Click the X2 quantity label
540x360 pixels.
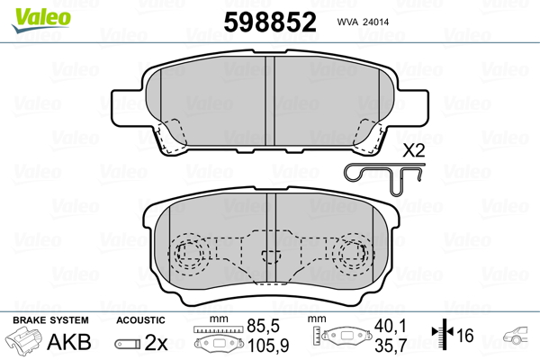(x=413, y=150)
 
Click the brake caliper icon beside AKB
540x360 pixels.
(x=26, y=342)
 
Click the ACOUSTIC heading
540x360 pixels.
(x=140, y=320)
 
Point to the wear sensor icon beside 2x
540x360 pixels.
(x=126, y=343)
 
